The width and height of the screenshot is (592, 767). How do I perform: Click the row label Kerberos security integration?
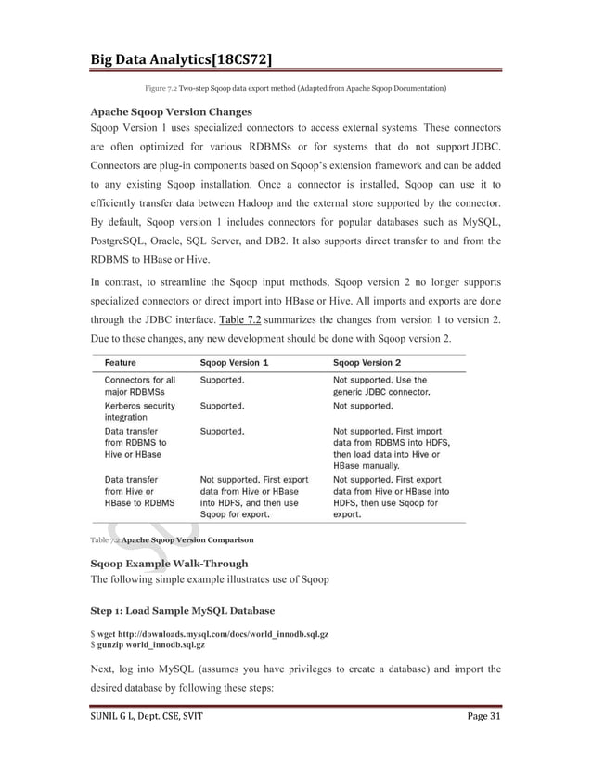click(x=139, y=411)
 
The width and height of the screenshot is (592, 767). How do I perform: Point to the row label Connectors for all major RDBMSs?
click(x=139, y=385)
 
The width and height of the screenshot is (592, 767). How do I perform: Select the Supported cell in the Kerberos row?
click(x=223, y=406)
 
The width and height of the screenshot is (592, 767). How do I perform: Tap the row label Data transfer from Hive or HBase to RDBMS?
click(x=139, y=492)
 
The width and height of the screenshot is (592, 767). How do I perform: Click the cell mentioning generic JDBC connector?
click(x=380, y=385)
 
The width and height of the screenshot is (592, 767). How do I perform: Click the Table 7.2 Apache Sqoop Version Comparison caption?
click(x=171, y=539)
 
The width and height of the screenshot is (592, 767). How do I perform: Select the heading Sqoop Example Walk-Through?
click(x=169, y=564)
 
